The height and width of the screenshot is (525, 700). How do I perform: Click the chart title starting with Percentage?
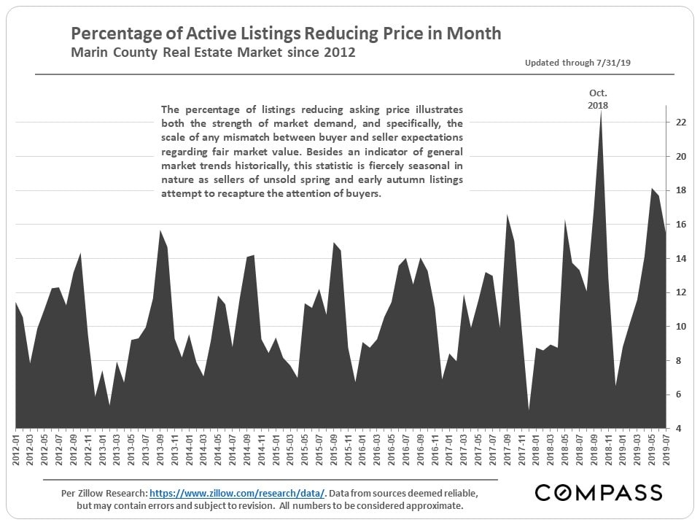(x=285, y=34)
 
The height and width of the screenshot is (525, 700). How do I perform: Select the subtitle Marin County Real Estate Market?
(x=213, y=53)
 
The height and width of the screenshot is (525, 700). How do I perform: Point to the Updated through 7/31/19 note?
(x=577, y=63)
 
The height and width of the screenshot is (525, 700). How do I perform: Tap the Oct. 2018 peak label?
(x=598, y=99)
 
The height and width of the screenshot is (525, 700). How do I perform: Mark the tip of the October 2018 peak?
(x=600, y=112)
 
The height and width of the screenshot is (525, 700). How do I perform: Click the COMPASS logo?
(x=599, y=493)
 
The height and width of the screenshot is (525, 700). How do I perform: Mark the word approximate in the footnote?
(x=429, y=505)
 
